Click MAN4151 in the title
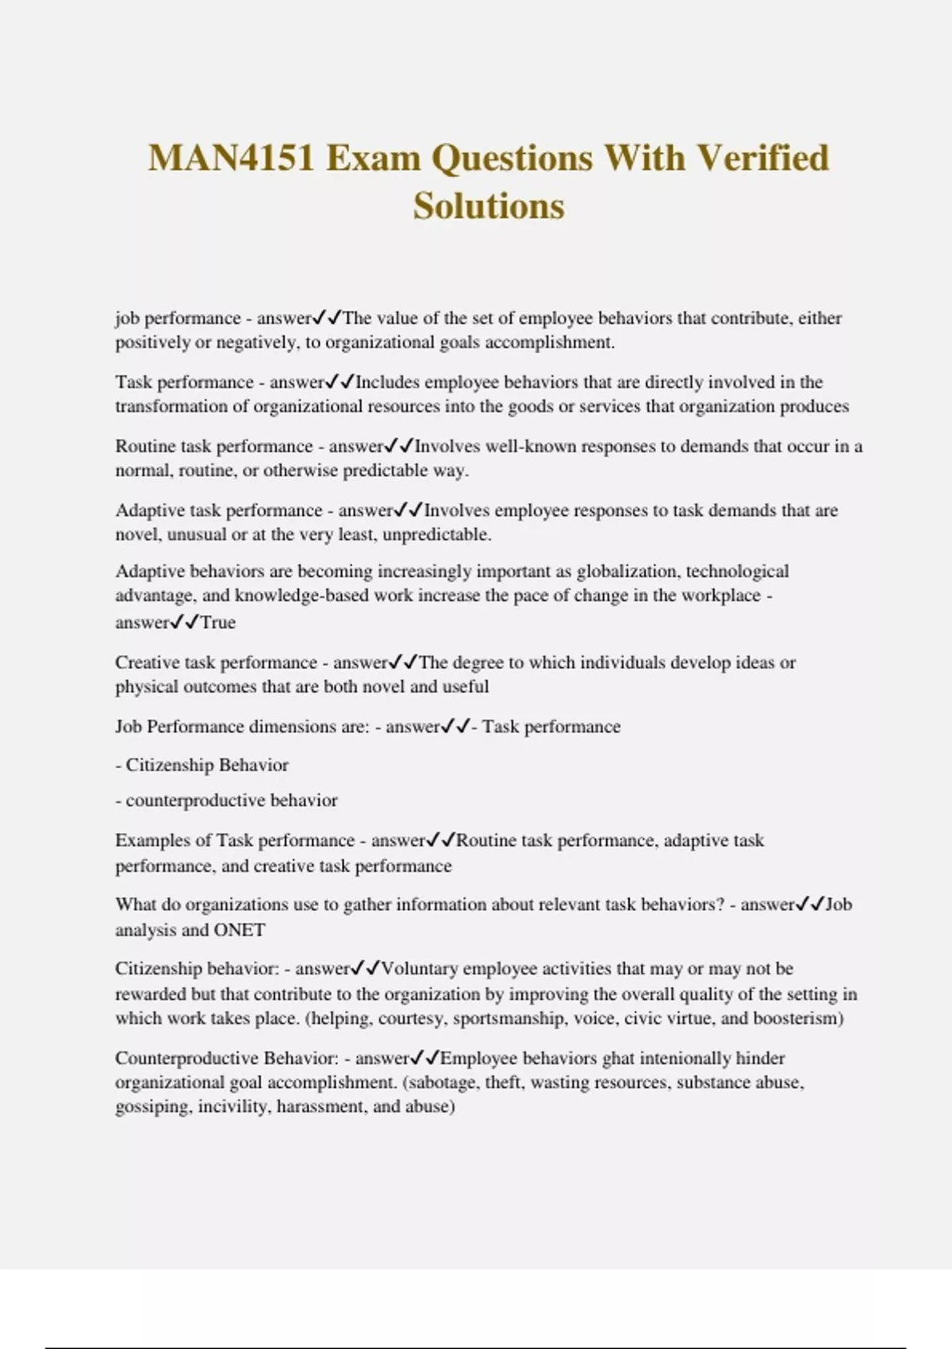coord(232,158)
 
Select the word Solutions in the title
coord(489,206)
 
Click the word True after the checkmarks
coord(218,623)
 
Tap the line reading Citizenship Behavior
coord(202,765)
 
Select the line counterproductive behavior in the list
coord(226,801)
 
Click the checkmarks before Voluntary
coord(366,969)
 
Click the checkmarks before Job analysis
coord(810,905)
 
